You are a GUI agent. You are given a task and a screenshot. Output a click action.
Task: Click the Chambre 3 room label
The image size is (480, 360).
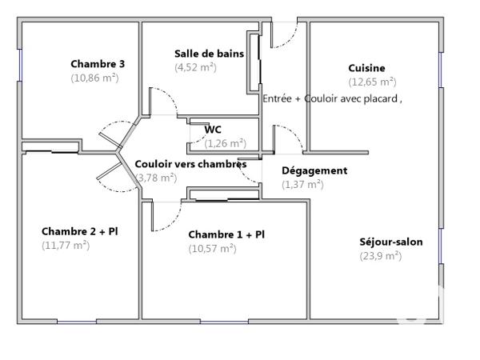[x=97, y=64]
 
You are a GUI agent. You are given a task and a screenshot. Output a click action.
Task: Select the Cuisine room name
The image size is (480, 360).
[x=366, y=68]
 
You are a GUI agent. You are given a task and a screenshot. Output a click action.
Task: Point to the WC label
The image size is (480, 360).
[x=213, y=130]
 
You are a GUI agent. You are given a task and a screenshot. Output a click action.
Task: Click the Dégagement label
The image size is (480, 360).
[x=314, y=170]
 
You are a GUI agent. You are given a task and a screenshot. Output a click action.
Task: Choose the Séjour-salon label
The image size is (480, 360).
[x=391, y=242]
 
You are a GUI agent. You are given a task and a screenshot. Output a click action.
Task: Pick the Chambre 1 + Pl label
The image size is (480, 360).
[x=226, y=234]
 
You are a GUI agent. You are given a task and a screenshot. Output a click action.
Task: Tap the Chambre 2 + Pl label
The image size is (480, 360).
[x=79, y=231]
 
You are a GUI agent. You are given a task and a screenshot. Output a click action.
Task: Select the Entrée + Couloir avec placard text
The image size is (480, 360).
[x=332, y=98]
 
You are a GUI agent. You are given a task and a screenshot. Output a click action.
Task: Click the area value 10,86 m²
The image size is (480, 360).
[x=94, y=78]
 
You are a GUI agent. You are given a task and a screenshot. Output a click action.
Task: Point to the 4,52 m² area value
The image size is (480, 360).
[x=195, y=67]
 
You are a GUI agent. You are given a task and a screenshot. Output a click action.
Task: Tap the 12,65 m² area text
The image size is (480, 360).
[x=372, y=82]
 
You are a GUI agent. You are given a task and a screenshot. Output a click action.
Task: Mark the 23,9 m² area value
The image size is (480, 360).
[x=380, y=256]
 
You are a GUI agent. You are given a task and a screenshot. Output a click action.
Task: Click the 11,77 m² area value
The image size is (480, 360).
[x=66, y=246]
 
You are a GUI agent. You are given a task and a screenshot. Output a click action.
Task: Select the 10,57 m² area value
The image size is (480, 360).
[x=212, y=249]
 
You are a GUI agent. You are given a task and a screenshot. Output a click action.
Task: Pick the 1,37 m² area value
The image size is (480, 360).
[x=302, y=184]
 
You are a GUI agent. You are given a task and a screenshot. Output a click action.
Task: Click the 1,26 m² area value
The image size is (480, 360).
[x=225, y=144]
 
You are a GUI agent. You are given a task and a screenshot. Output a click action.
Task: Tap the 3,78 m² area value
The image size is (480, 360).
[x=157, y=178]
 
